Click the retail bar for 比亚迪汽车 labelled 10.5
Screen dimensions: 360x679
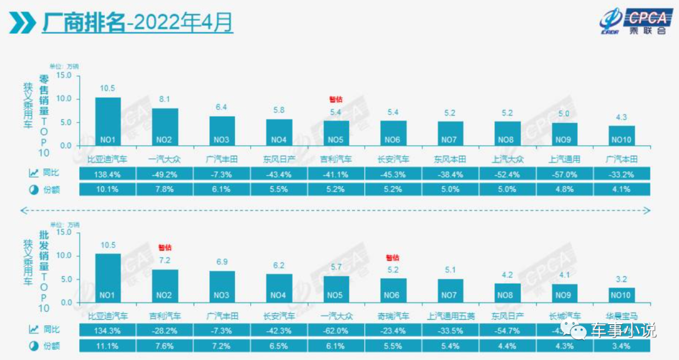point(108,121)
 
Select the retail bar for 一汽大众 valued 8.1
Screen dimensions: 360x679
point(165,127)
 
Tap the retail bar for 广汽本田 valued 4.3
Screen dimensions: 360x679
point(622,136)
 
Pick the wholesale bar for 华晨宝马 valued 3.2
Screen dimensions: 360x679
point(622,295)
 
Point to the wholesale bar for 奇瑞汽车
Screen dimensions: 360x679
point(393,290)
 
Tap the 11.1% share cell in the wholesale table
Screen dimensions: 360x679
point(108,346)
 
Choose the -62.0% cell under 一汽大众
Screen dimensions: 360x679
point(336,330)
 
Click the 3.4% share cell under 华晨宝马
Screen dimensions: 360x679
point(622,346)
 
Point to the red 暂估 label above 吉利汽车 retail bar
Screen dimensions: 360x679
point(336,99)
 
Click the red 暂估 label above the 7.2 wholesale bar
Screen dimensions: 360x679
point(165,247)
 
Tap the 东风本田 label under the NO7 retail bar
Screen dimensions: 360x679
point(450,159)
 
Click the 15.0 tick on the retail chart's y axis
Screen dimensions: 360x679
point(63,75)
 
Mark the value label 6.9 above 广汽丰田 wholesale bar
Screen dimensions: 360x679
point(221,261)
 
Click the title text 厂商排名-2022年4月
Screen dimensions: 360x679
point(137,23)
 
